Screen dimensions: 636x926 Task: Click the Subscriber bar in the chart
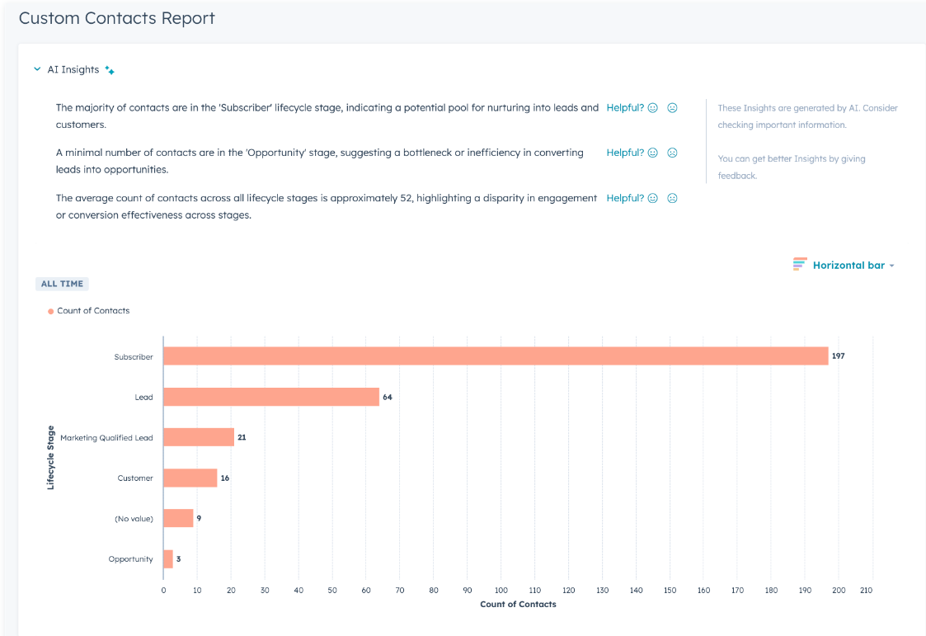click(x=495, y=356)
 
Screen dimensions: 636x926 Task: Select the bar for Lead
click(x=270, y=397)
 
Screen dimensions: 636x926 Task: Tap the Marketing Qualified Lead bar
click(x=199, y=437)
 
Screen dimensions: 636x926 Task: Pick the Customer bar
click(x=190, y=478)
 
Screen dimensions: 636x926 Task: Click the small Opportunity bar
click(x=168, y=558)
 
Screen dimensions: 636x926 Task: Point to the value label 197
click(x=839, y=356)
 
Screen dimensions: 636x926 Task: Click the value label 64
click(x=388, y=397)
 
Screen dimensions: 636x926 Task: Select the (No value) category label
click(x=134, y=519)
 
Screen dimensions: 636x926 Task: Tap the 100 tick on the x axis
click(x=501, y=590)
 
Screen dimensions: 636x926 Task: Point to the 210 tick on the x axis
click(x=865, y=590)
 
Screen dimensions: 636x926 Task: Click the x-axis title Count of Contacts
click(x=518, y=605)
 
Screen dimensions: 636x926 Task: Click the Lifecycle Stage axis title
click(x=51, y=458)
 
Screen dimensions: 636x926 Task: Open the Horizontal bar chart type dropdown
click(x=844, y=265)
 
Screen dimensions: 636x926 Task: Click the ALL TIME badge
click(x=62, y=284)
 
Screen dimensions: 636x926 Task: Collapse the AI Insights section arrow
click(x=37, y=70)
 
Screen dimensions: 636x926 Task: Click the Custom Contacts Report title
click(x=117, y=18)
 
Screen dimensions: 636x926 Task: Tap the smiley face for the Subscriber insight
click(x=653, y=108)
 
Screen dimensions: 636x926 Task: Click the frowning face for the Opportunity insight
click(x=672, y=153)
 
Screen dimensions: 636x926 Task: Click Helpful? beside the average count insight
click(x=625, y=198)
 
